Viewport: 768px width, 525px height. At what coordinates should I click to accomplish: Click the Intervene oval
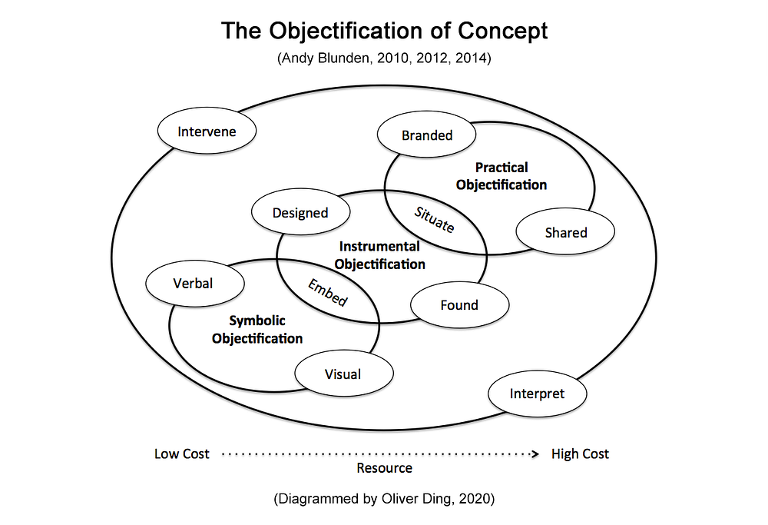pos(207,131)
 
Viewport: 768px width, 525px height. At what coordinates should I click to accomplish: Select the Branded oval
pos(427,136)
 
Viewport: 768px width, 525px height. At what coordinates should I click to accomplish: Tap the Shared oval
pos(565,233)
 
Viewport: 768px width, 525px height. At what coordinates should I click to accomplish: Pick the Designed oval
pos(300,213)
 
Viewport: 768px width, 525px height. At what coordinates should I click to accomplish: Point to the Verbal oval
pos(194,284)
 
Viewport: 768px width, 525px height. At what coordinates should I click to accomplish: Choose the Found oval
pos(459,305)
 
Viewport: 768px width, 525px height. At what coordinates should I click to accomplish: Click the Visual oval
pos(343,374)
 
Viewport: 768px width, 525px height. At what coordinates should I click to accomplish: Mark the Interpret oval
pos(537,394)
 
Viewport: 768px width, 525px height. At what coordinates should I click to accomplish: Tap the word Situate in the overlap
pos(435,221)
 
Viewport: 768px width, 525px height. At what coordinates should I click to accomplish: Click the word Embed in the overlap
pos(328,292)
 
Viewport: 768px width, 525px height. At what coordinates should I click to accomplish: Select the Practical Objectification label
pos(502,176)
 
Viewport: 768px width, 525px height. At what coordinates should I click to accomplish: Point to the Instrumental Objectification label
pos(380,255)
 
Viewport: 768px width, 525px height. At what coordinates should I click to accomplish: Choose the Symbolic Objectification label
pos(257,330)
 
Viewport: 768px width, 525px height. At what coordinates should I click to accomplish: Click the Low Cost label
pos(182,454)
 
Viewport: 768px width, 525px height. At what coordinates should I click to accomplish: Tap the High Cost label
pos(580,454)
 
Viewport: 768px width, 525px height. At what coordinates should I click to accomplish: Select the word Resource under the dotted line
pos(384,468)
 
